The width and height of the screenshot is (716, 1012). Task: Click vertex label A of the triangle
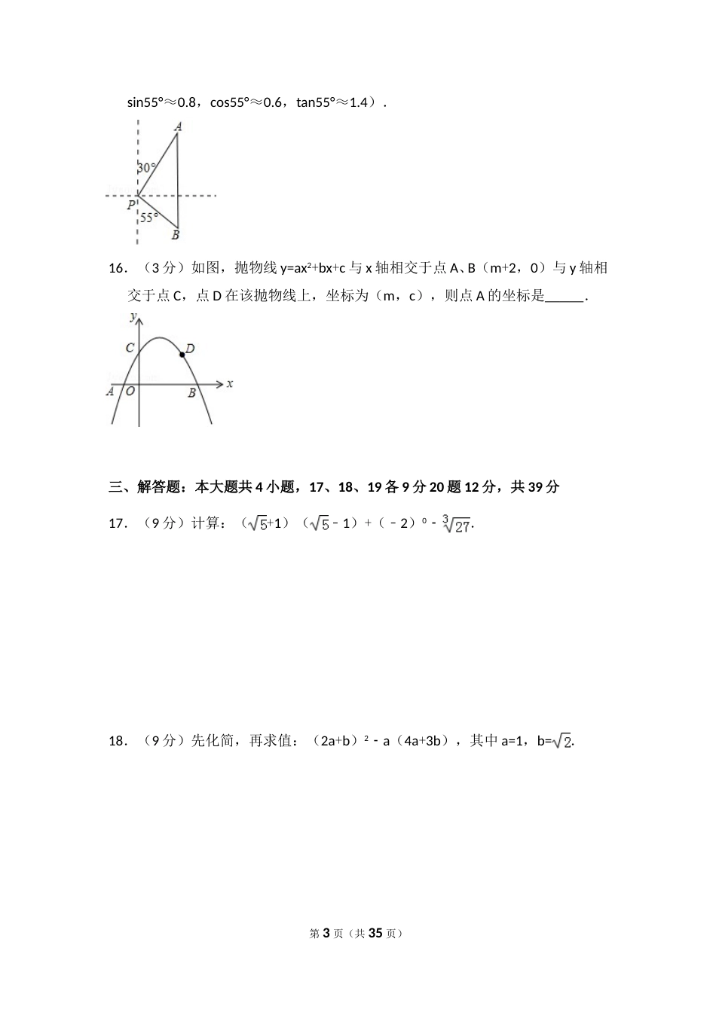tap(178, 126)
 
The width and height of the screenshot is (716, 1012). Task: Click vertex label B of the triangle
tap(175, 236)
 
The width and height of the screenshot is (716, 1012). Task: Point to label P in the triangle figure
tap(131, 204)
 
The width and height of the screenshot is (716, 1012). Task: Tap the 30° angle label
tap(147, 169)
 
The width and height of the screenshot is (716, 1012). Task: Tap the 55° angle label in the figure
tap(149, 218)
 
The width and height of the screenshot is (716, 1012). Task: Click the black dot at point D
tap(182, 354)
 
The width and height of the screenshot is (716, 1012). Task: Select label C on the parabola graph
tap(130, 348)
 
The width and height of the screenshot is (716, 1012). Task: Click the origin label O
tap(130, 392)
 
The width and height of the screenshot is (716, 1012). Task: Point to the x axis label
tap(230, 383)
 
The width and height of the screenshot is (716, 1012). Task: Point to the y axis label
tap(133, 316)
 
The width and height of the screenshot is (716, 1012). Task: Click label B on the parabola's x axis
tap(191, 392)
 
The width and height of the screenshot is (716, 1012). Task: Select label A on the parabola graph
tap(110, 391)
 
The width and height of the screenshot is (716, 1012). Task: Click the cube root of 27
tap(456, 524)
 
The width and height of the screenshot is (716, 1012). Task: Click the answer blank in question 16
tap(564, 297)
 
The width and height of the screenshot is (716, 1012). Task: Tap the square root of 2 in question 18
tap(562, 742)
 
